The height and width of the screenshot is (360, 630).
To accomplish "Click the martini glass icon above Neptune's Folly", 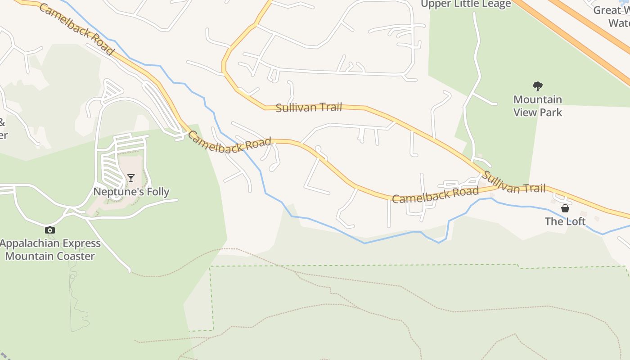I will (130, 178).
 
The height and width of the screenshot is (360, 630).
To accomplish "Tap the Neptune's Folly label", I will (131, 192).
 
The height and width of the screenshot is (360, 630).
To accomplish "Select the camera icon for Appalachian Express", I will (50, 230).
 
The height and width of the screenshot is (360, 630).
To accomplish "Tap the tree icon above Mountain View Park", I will (537, 86).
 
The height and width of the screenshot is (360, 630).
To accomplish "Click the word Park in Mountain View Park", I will (550, 112).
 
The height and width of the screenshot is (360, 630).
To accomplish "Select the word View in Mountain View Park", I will (526, 112).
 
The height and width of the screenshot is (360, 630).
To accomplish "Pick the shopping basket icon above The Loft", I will (565, 208).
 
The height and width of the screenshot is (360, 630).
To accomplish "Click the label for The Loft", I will (565, 221).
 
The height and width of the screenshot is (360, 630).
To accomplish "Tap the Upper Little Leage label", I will (466, 4).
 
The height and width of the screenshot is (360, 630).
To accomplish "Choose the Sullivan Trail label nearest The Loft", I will (514, 182).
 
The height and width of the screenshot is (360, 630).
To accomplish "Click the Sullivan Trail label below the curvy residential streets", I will (309, 108).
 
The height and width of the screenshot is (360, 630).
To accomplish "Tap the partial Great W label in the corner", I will (612, 10).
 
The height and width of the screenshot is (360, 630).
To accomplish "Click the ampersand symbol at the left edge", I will (2, 122).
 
